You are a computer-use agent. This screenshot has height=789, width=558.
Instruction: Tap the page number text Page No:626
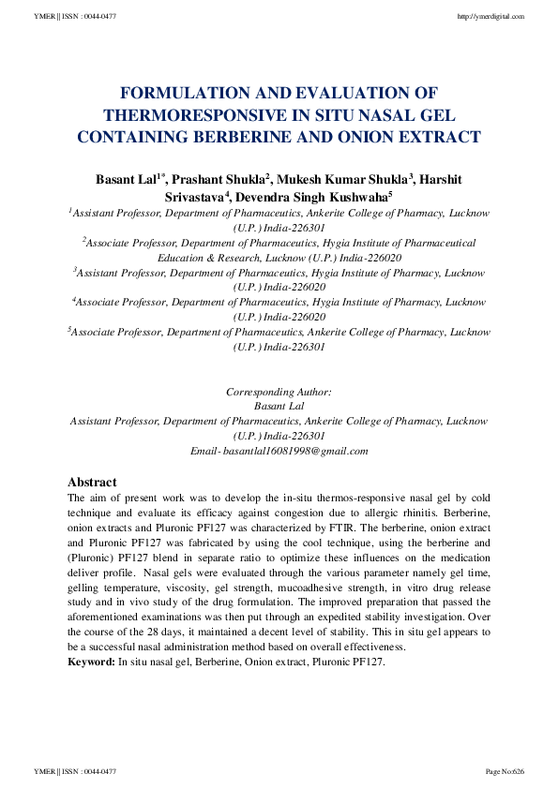[504, 771]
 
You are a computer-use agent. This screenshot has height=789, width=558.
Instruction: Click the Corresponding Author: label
[279, 391]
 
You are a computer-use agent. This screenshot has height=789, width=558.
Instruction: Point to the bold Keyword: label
[92, 662]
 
